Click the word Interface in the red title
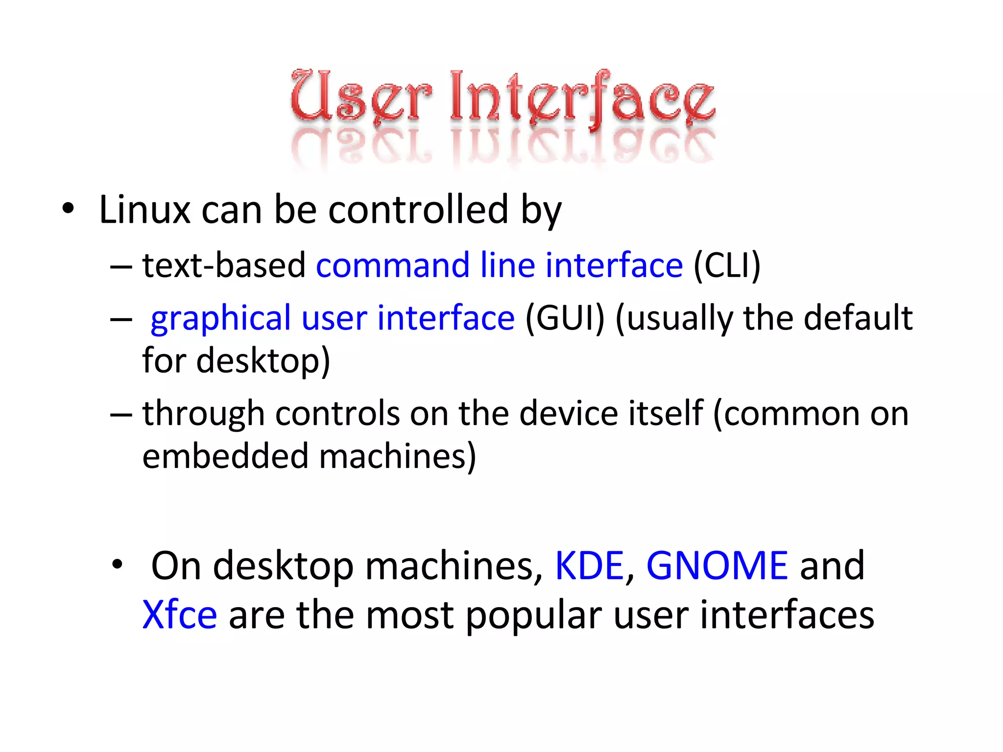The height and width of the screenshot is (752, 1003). tap(582, 96)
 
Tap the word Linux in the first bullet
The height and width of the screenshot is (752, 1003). tap(144, 210)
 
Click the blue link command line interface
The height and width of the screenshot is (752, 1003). tap(499, 265)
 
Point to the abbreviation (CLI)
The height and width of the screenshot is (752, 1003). tap(727, 265)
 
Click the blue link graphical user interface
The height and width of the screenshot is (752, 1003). tap(333, 318)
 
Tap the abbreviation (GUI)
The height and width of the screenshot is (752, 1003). tap(565, 318)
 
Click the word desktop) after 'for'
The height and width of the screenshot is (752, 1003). tap(263, 361)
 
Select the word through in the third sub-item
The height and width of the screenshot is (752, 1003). tap(203, 414)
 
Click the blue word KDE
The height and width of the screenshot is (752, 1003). tap(589, 566)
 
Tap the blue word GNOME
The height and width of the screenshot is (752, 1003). tap(717, 566)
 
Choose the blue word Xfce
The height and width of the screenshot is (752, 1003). tap(180, 615)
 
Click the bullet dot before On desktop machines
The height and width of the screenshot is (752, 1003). tap(117, 565)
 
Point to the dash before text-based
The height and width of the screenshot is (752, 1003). tap(121, 267)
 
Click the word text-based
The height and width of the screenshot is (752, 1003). tap(224, 265)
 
